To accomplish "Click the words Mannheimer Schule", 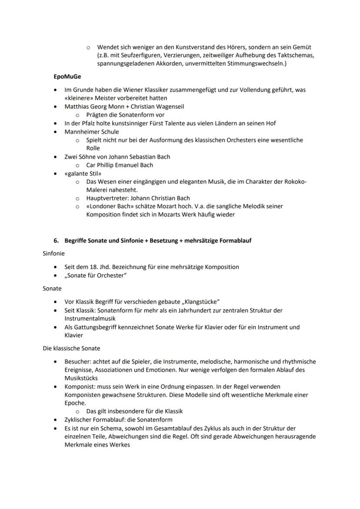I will [x=92, y=132].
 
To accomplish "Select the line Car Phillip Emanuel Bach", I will [x=120, y=165].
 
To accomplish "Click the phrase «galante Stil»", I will [x=80, y=173].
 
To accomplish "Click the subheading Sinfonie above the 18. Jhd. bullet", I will [x=53, y=253].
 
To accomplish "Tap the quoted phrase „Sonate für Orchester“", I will [x=96, y=276].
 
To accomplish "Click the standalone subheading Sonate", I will [x=52, y=289].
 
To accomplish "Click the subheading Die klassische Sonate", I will [x=70, y=348].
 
